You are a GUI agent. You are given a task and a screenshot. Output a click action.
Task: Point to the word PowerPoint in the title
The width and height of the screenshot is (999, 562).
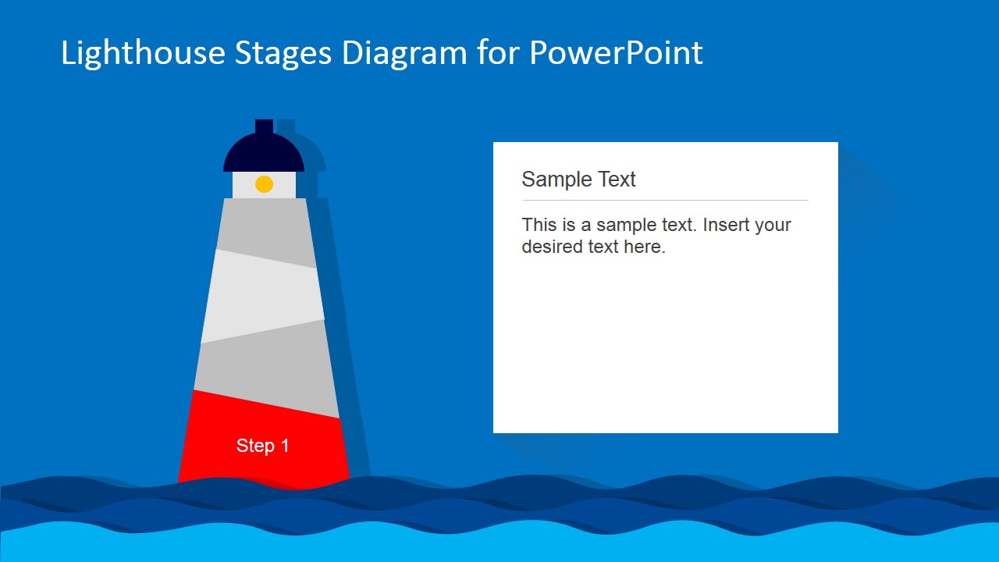(x=616, y=53)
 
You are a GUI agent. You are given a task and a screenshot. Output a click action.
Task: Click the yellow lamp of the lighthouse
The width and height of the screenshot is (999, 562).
(x=264, y=184)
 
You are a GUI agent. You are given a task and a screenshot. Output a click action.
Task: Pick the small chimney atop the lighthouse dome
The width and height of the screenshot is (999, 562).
(x=264, y=126)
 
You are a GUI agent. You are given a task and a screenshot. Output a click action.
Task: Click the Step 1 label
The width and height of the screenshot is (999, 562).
(x=263, y=446)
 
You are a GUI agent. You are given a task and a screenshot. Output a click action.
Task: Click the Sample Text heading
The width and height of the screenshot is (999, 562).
(x=578, y=180)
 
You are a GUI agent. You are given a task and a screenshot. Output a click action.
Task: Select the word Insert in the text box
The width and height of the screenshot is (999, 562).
(x=725, y=225)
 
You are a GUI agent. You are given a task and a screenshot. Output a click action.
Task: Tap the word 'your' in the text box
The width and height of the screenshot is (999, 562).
(x=773, y=225)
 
